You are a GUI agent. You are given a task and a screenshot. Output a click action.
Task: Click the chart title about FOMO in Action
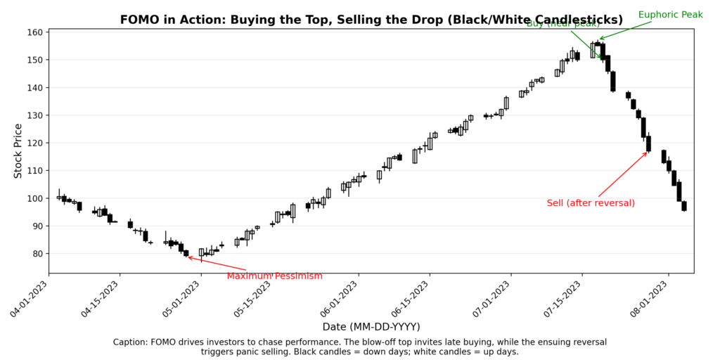click(371, 20)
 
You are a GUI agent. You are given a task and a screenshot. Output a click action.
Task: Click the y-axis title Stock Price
click(19, 150)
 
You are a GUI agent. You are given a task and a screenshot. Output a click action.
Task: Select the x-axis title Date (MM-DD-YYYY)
click(371, 326)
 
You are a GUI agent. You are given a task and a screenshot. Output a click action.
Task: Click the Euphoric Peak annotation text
click(670, 15)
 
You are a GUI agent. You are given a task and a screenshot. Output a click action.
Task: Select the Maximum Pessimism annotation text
click(274, 276)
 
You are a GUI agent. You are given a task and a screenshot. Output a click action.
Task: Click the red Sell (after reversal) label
click(591, 203)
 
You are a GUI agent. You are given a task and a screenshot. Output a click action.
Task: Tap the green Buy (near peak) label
click(562, 24)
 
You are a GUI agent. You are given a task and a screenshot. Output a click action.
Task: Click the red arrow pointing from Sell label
click(622, 175)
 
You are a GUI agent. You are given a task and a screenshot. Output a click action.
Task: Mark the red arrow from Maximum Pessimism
click(218, 264)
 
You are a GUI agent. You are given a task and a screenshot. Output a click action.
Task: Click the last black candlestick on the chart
click(684, 206)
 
